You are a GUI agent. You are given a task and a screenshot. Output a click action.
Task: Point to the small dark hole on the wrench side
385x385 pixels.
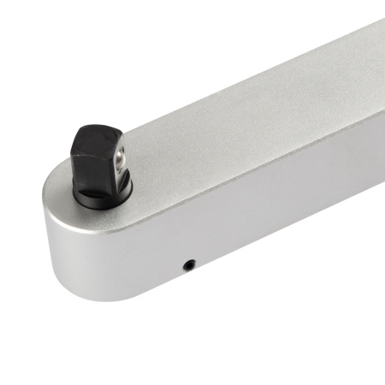tap(191, 264)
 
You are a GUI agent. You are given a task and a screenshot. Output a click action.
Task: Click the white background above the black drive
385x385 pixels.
tap(94, 68)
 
